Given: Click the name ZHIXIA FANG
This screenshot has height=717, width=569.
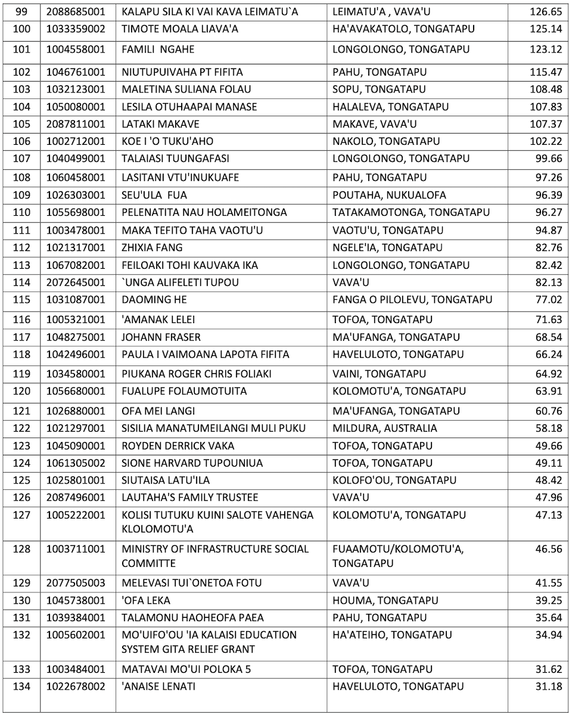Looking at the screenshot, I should (152, 247).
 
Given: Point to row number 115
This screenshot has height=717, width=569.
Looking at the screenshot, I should (21, 300).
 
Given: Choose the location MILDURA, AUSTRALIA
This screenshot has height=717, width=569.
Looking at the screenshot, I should (384, 428).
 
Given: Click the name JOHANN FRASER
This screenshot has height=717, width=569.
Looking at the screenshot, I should (161, 337).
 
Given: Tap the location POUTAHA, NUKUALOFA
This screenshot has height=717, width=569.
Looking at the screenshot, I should (388, 195).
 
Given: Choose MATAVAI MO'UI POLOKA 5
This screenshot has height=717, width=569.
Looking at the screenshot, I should (186, 669).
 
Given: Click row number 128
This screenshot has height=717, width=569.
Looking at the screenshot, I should (21, 549).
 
